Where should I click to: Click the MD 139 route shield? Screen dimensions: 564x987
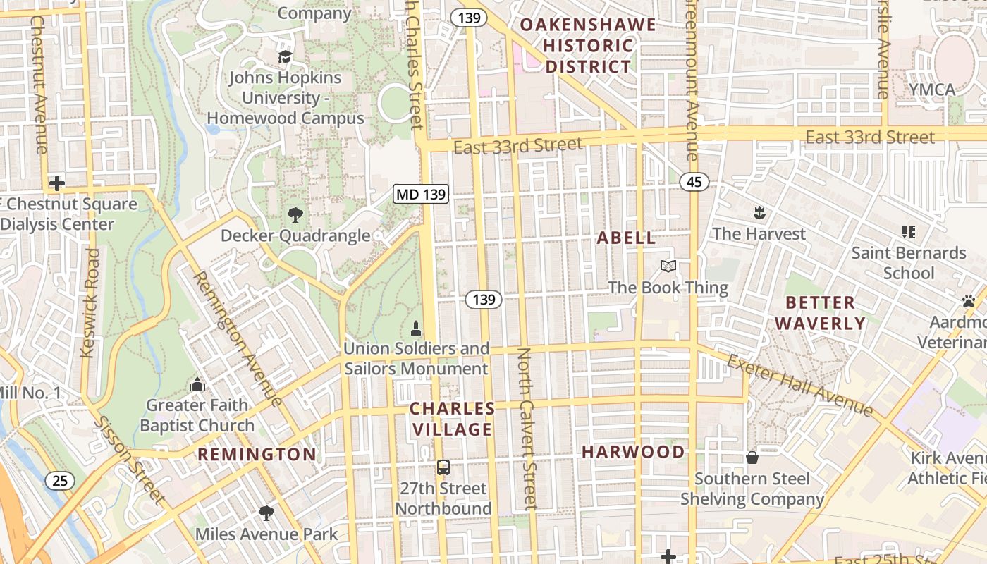421,194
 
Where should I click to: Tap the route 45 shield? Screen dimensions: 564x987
694,183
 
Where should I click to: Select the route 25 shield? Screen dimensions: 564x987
60,481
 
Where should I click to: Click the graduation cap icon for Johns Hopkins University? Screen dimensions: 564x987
285,56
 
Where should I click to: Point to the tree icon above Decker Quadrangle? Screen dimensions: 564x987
295,214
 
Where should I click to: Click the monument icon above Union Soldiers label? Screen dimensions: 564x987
416,329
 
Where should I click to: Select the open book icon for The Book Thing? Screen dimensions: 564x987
668,266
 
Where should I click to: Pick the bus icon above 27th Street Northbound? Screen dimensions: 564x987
443,467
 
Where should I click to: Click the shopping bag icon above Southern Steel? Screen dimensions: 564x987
752,458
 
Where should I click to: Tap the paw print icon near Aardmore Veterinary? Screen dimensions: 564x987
968,301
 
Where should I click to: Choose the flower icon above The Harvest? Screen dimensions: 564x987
759,212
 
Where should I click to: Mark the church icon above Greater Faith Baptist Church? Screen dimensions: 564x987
197,384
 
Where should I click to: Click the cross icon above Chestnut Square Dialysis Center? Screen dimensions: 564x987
56,183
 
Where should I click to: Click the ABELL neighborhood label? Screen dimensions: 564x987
626,238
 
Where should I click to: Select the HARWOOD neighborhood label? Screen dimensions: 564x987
632,452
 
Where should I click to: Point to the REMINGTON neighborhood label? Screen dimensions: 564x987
257,454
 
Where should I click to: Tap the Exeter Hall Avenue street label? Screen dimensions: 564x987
800,385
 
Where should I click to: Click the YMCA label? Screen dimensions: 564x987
931,90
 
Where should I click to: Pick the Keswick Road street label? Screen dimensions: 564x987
90,303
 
